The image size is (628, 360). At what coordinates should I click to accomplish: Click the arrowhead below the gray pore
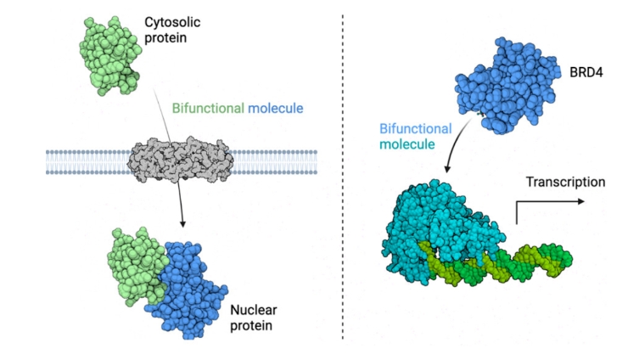183,223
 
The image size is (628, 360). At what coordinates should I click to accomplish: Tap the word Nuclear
252,310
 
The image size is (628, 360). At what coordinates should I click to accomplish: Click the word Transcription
565,182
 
